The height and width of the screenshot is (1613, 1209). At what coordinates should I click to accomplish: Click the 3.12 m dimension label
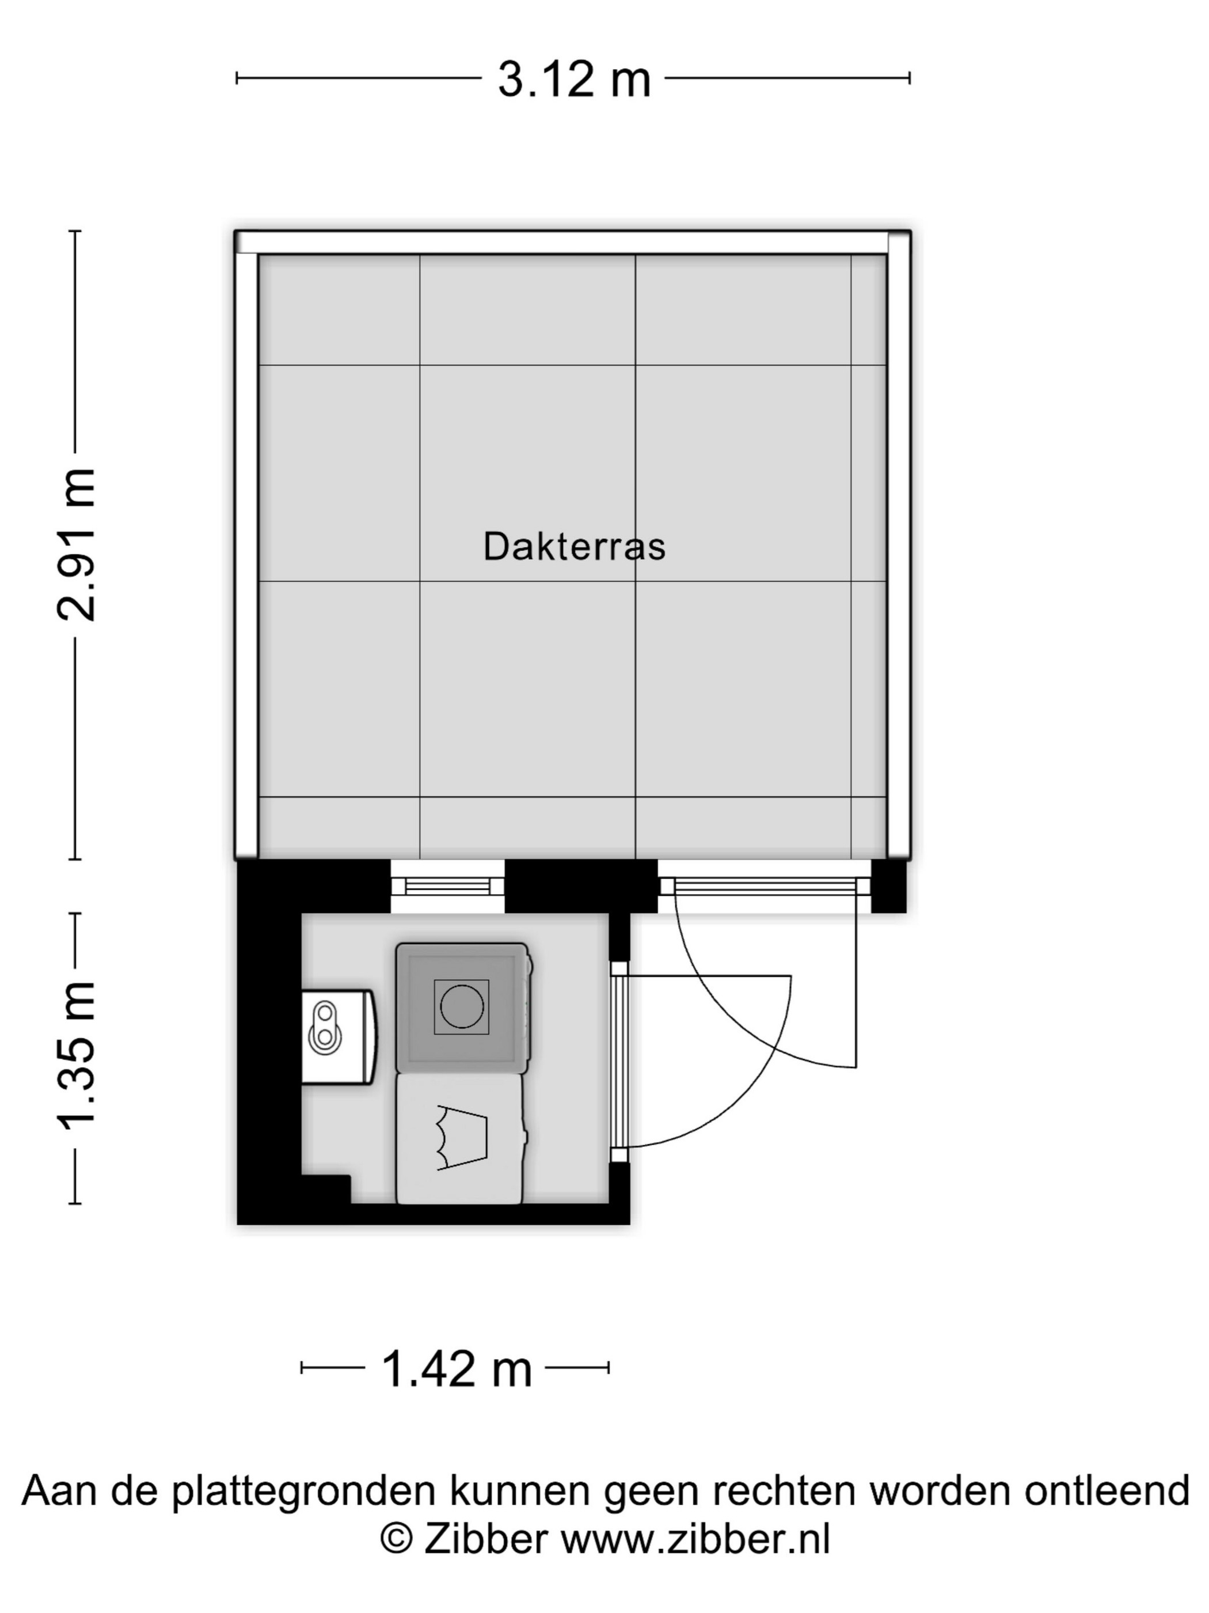(x=573, y=79)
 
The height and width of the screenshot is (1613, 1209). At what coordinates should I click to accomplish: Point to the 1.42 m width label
(x=456, y=1369)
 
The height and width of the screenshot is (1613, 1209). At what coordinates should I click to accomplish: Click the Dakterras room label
(x=574, y=546)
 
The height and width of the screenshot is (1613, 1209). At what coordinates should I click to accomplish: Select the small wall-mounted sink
(x=339, y=1036)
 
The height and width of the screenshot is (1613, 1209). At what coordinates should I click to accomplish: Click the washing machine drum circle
(x=461, y=1006)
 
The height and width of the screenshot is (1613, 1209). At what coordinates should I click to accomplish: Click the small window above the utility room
(x=447, y=886)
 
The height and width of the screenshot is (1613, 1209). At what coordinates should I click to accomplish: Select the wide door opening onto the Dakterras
(x=765, y=886)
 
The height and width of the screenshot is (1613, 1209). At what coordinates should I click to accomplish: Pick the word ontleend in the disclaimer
(x=1107, y=1489)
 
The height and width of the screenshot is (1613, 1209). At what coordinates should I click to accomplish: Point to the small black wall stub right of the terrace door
(x=889, y=886)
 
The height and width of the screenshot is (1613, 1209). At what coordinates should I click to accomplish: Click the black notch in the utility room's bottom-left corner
(x=326, y=1188)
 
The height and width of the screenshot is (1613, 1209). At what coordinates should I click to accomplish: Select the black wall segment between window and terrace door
(x=581, y=886)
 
